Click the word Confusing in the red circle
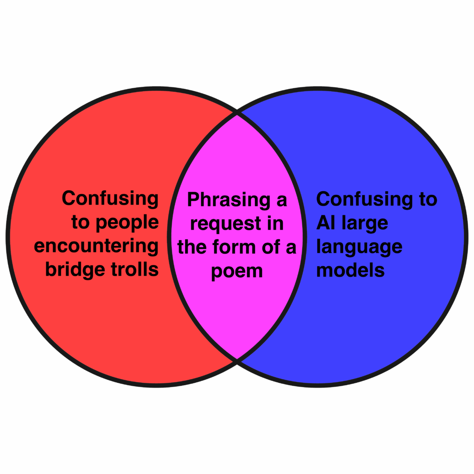(110, 198)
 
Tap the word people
(127, 223)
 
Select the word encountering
(96, 246)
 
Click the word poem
(237, 270)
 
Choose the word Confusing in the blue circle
(364, 199)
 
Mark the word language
(359, 247)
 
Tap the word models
(350, 269)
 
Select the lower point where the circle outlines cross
(237, 359)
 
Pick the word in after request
(274, 223)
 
